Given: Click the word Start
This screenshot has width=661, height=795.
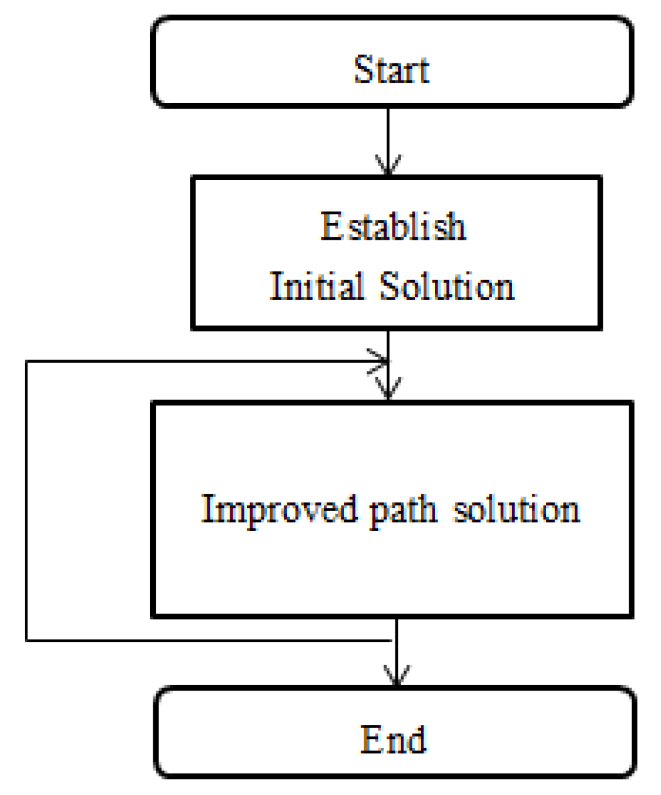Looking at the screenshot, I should coord(391,69).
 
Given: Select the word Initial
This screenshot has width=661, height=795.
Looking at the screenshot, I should coord(317,286).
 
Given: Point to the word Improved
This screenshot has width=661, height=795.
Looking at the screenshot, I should coord(279,510).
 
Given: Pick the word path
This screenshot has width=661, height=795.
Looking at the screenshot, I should coord(403,511).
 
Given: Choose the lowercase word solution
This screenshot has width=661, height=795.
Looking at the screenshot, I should coord(516,510).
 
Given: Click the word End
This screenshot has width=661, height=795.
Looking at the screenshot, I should coord(393,739).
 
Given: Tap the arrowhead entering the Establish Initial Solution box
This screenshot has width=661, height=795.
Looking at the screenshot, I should coord(389,166).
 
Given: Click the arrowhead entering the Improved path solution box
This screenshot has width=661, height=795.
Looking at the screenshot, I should coord(389,389).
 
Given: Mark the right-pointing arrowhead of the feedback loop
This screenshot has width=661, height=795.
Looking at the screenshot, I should coord(380,361).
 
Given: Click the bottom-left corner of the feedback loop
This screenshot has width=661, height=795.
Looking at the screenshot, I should coord(26,640).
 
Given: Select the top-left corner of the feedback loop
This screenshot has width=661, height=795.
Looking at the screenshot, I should coord(26,361).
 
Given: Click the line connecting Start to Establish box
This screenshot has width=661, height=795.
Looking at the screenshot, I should coord(389,134).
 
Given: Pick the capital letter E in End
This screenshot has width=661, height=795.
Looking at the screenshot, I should coord(370,739).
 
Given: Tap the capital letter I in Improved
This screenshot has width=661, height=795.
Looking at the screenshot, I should coord(207,509).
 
